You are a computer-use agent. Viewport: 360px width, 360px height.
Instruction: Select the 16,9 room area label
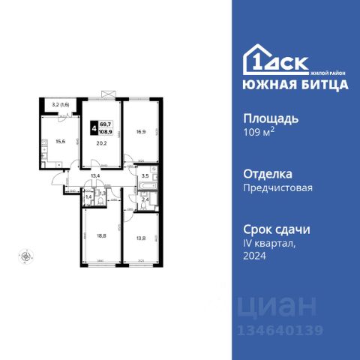pos(140,132)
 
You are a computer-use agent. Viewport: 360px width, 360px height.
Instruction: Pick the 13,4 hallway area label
pos(95,177)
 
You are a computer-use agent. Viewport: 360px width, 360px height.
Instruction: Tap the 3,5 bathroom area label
pos(145,177)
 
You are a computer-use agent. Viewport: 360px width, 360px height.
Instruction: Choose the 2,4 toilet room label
pos(145,199)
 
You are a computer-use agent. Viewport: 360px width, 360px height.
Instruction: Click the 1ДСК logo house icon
pos(255,60)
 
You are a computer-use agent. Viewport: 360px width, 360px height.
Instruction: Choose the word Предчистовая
pos(277,189)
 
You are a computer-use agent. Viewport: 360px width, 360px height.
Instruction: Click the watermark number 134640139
pos(279,331)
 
